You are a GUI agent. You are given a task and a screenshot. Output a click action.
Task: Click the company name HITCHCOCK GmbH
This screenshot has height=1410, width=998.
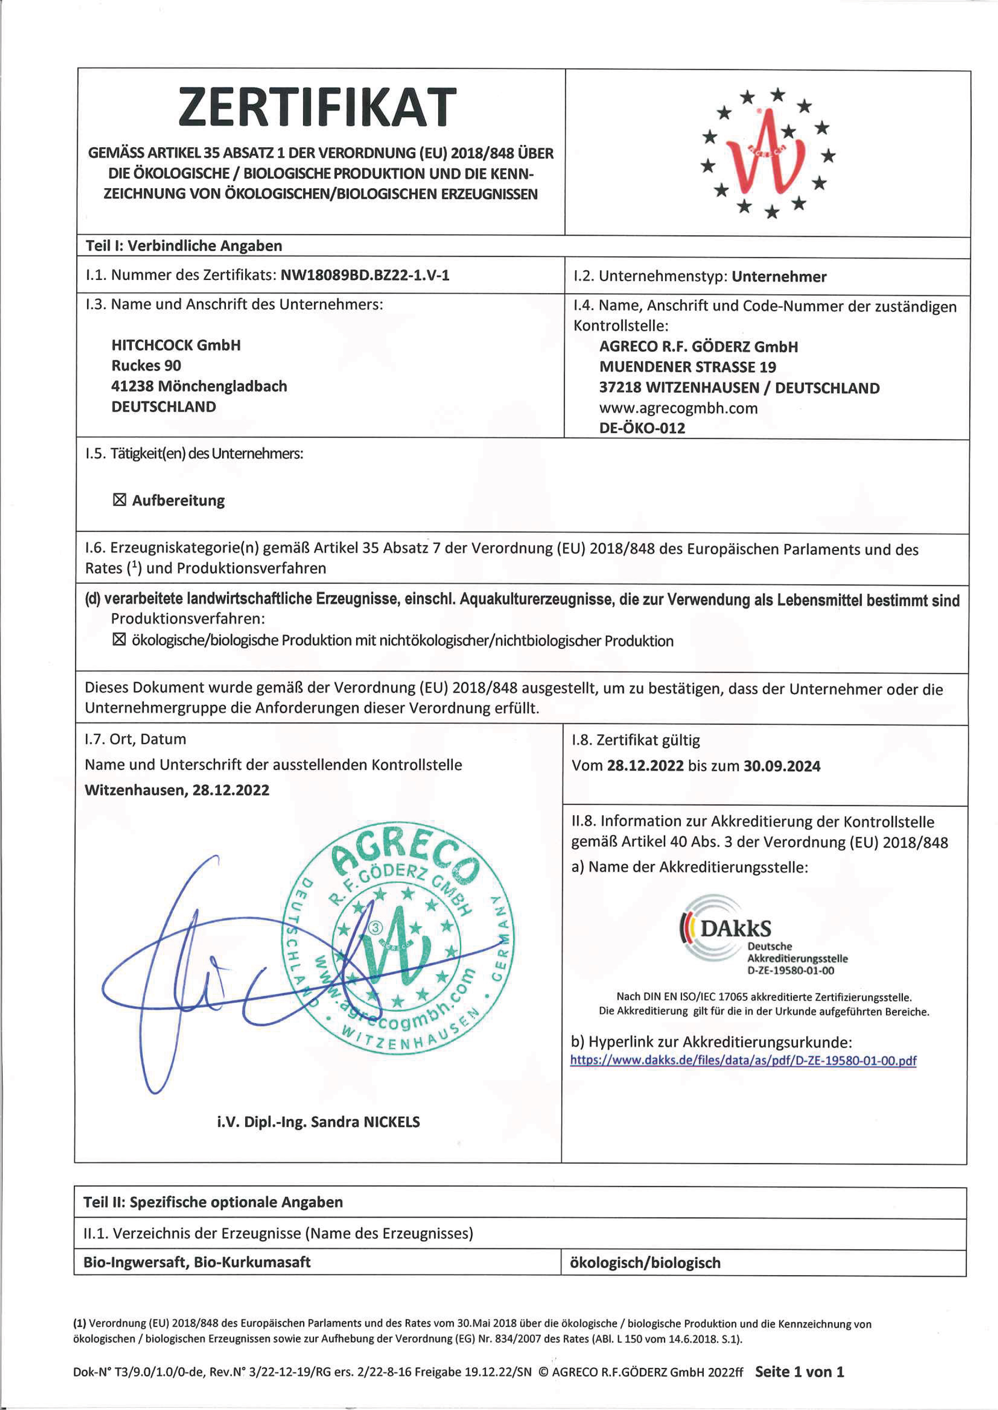176,345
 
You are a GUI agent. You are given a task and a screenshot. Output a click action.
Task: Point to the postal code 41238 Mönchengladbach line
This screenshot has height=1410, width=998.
198,386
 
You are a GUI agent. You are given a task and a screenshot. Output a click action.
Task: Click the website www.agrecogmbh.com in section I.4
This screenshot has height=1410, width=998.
678,408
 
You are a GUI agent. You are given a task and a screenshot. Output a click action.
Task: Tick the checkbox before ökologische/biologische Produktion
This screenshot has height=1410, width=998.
119,640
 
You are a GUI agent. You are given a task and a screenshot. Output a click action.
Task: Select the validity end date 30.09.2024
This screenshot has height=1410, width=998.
781,766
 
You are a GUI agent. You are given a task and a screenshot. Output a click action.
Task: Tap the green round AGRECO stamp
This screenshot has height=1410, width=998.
398,937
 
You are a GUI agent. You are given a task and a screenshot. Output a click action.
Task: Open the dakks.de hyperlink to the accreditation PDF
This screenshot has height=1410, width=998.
743,1060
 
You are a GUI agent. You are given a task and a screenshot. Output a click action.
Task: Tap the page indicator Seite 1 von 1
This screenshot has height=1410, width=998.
799,1371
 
